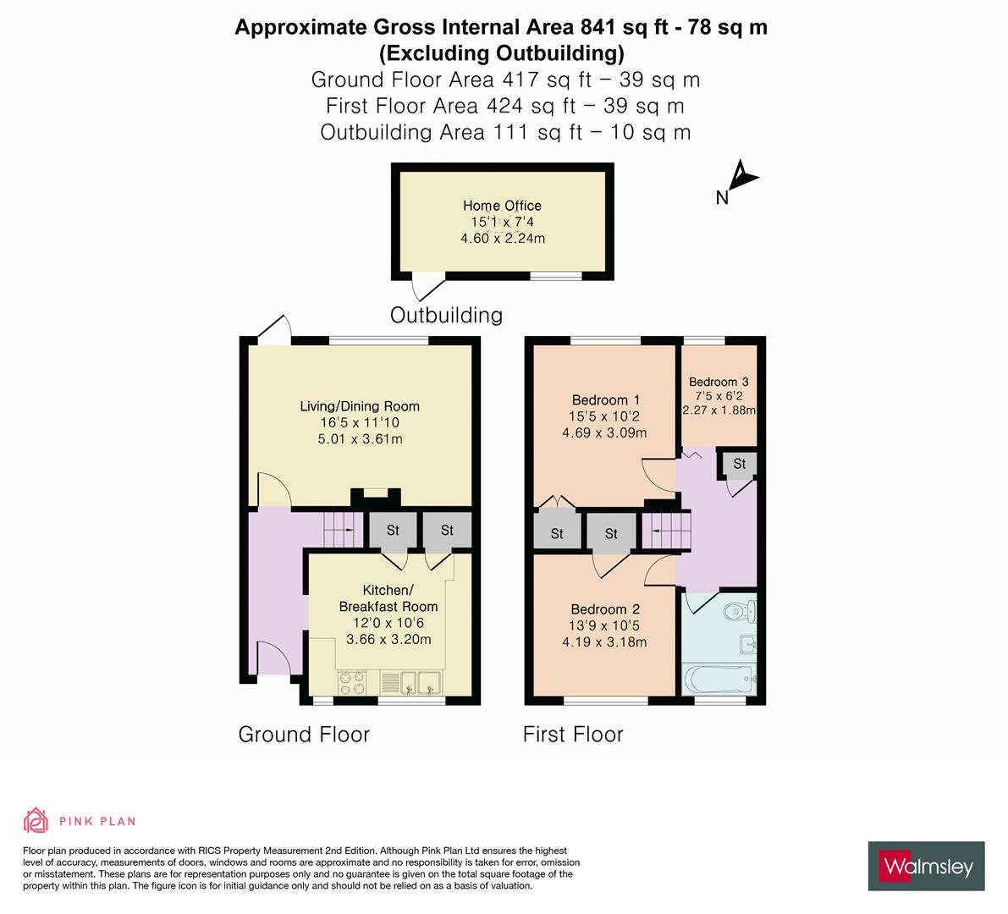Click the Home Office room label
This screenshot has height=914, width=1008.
point(502,206)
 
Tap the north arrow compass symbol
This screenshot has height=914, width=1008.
point(742,179)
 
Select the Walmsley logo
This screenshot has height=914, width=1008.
point(927,866)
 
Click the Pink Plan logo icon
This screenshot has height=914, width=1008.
point(36,820)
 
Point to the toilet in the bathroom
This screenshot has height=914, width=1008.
point(740,609)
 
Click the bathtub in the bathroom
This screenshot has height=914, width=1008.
point(718,678)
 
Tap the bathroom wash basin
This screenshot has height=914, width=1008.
point(747,645)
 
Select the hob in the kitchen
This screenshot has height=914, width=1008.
point(351,681)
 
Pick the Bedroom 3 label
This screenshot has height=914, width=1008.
point(719,382)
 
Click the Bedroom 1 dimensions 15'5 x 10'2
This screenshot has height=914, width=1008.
point(605,416)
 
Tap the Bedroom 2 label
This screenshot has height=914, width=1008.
point(605,609)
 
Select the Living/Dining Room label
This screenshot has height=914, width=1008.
point(360,406)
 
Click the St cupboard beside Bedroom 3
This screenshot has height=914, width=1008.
point(739,464)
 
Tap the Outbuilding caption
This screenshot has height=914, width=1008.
point(446,315)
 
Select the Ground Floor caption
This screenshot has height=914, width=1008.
point(304,734)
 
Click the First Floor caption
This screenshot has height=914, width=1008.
point(573,734)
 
